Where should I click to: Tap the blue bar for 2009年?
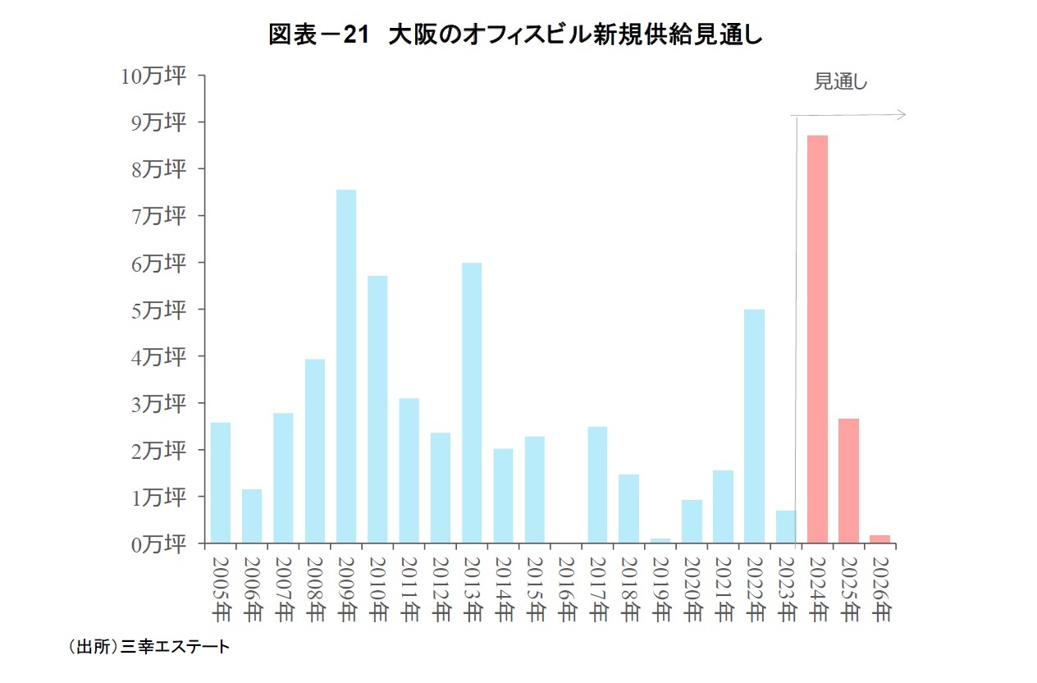click(x=346, y=366)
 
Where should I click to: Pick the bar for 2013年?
click(x=472, y=402)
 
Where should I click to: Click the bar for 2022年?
click(x=754, y=426)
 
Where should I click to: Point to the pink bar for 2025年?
click(x=848, y=480)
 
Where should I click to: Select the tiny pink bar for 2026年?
click(x=879, y=539)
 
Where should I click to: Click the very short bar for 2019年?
click(x=660, y=541)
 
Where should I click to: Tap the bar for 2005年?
click(x=221, y=483)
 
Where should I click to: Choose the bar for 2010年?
click(x=377, y=409)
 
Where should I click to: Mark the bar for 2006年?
click(x=252, y=516)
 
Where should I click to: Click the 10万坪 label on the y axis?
click(x=153, y=76)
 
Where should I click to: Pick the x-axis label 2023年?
click(x=786, y=589)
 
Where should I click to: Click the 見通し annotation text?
click(x=840, y=82)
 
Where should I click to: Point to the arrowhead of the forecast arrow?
click(x=902, y=115)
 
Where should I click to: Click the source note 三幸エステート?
click(x=175, y=648)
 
